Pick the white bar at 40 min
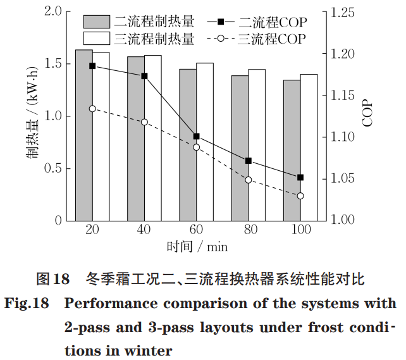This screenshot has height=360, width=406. [152, 137]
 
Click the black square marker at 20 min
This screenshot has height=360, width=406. [92, 66]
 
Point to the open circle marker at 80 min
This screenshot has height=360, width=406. [249, 180]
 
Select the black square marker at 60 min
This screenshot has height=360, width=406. [197, 136]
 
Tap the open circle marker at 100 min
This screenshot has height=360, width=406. [300, 196]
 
